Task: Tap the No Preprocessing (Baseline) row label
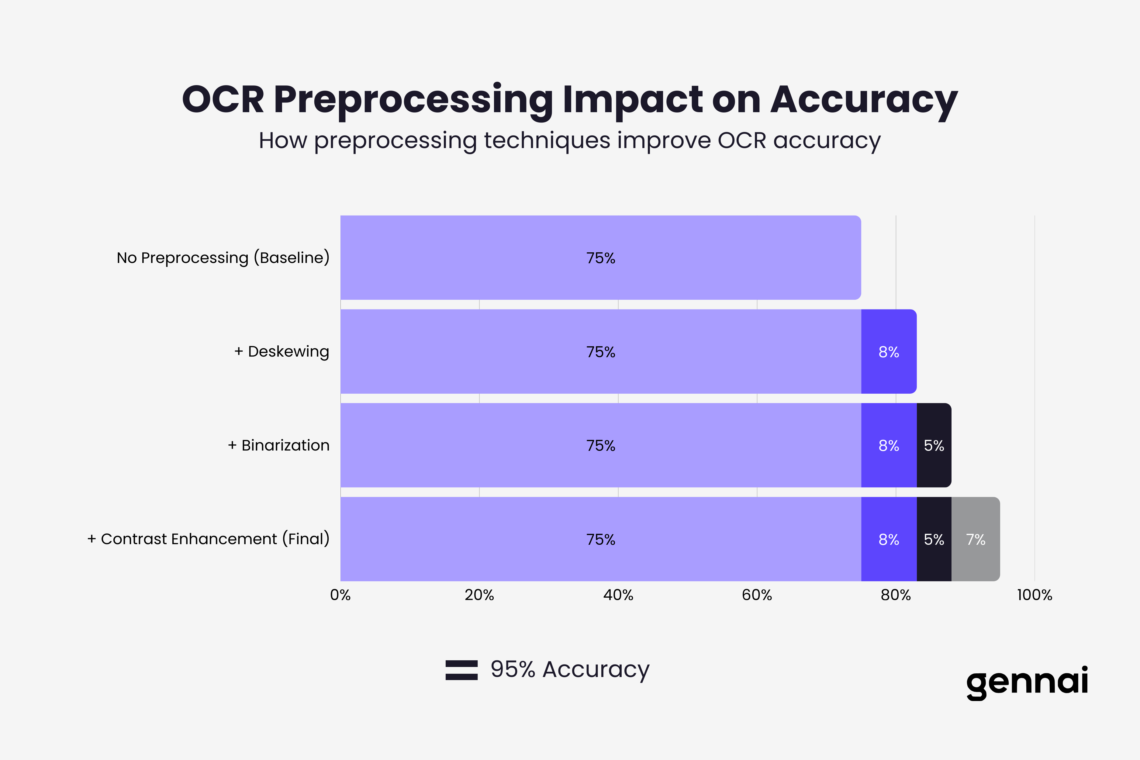click(223, 257)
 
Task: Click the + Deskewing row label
click(282, 351)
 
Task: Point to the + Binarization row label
click(279, 445)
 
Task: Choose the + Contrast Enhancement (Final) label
click(209, 539)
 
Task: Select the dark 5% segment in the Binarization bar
click(934, 445)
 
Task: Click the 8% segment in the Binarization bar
click(889, 445)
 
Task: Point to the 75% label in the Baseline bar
click(600, 258)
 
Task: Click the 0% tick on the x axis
click(340, 595)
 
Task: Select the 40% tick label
click(618, 595)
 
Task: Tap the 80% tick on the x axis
click(896, 595)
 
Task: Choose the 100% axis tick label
click(1034, 595)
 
